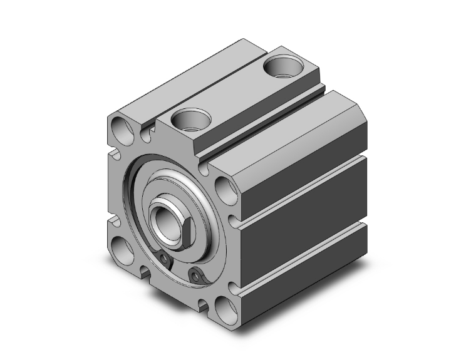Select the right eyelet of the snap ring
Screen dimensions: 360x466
point(199,274)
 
